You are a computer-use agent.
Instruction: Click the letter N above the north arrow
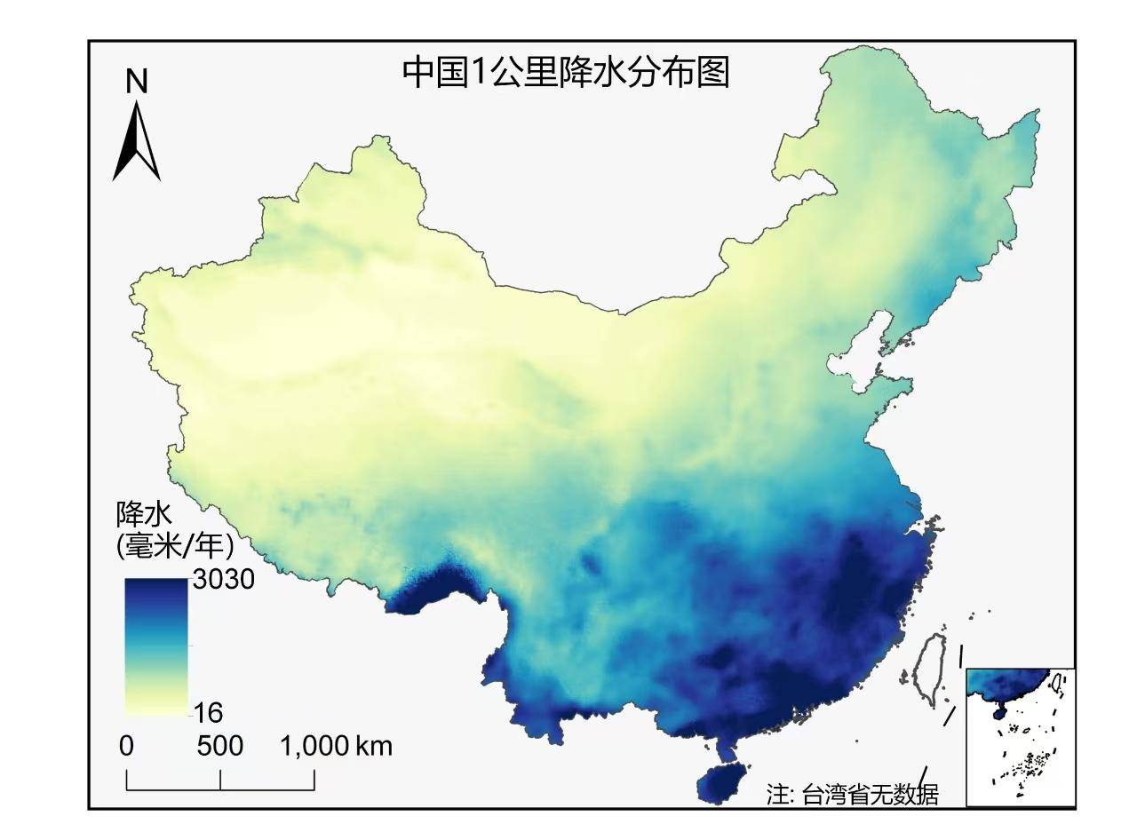tap(136, 82)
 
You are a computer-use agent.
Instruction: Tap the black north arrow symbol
tap(137, 142)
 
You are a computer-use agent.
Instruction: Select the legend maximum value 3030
tap(223, 580)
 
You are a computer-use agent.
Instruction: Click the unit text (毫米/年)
tap(174, 543)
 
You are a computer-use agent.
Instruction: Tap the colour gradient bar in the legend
tap(156, 646)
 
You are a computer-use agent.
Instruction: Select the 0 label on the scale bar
tap(127, 746)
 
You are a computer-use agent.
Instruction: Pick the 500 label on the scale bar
tap(219, 746)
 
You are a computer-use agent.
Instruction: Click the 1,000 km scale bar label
tap(336, 746)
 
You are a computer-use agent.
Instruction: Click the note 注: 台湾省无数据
tap(852, 793)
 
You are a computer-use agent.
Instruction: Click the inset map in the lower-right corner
tap(1020, 737)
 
